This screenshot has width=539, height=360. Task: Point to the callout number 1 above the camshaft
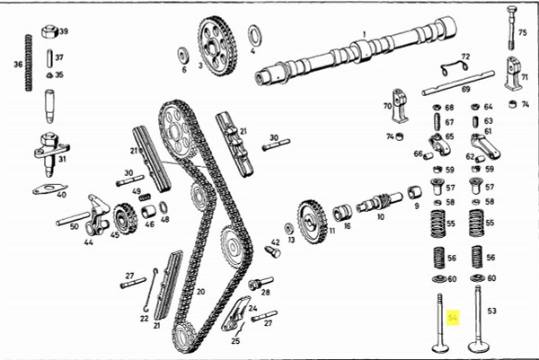(364, 35)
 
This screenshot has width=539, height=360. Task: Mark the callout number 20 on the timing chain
(200, 291)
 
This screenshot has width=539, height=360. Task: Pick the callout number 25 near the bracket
(235, 341)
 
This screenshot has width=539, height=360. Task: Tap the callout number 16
(346, 225)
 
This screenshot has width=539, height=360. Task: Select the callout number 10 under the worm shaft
(380, 217)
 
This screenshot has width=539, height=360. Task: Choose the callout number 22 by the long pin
(144, 317)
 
